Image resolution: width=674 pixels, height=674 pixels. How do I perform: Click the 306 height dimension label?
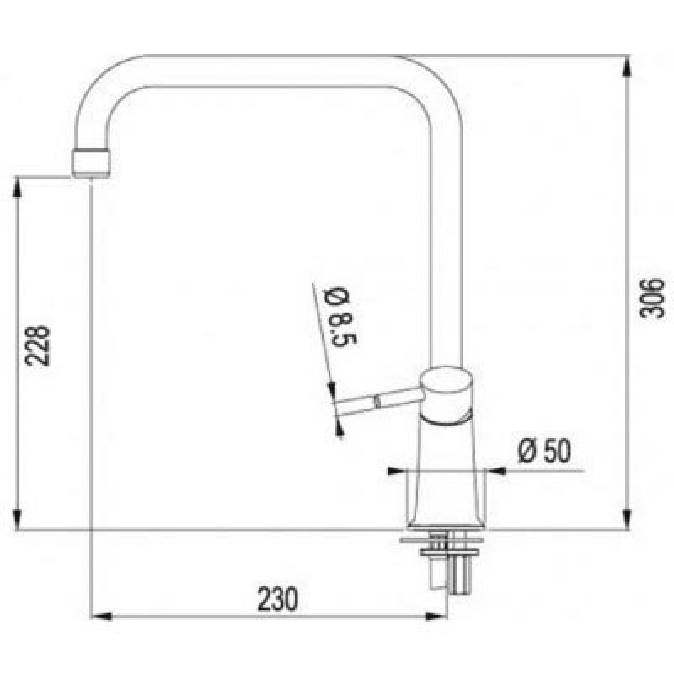(x=651, y=298)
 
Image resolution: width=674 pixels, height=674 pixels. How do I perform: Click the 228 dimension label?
(x=37, y=345)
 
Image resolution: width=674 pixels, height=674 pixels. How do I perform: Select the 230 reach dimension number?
(x=277, y=599)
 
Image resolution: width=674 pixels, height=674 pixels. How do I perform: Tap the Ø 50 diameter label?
(x=544, y=451)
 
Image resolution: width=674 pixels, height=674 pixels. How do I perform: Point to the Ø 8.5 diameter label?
(x=341, y=318)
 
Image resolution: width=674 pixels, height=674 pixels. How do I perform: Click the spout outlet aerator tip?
(x=91, y=163)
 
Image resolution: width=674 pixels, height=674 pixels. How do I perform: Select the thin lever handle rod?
(x=377, y=401)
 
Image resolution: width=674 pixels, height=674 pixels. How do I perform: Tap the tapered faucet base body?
(x=447, y=473)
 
